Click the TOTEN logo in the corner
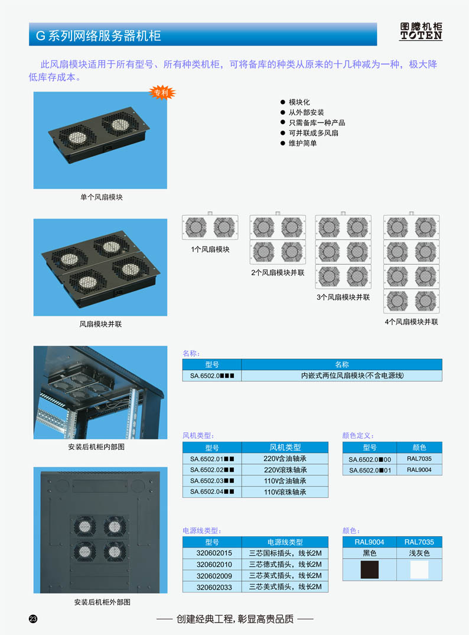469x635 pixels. (421, 31)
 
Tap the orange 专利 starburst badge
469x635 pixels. (161, 93)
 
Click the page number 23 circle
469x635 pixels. (33, 618)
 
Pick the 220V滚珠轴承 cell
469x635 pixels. (285, 470)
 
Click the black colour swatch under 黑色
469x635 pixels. (369, 569)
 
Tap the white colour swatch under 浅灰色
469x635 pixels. (419, 569)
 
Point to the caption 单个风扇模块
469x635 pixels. (101, 197)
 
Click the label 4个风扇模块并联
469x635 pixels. (411, 322)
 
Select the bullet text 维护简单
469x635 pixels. (302, 143)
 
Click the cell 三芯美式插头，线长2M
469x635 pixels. (285, 587)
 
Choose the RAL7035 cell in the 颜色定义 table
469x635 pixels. (419, 459)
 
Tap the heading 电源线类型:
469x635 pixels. (202, 530)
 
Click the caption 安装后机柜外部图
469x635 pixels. (102, 602)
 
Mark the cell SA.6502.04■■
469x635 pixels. (212, 492)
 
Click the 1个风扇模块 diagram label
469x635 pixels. (210, 250)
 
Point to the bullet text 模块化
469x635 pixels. (299, 102)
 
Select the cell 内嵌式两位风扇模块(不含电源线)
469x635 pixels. (342, 375)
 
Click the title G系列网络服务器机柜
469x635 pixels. (98, 35)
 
